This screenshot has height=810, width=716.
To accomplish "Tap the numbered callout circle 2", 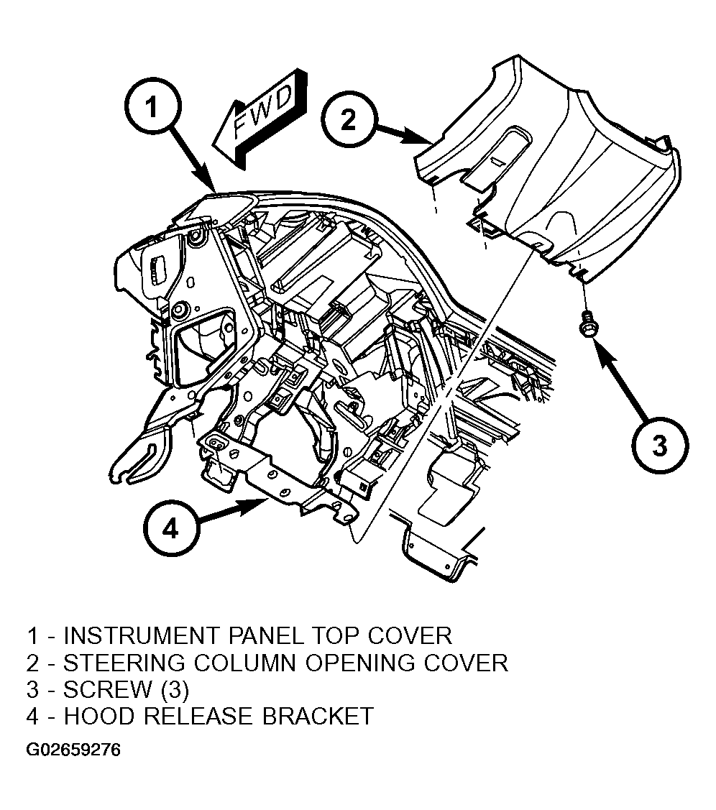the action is tap(349, 120).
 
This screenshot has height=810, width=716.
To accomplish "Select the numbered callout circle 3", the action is tap(660, 444).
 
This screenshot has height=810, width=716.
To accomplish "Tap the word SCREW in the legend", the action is tap(108, 689).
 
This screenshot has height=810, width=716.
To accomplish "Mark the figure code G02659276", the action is tap(73, 750).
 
